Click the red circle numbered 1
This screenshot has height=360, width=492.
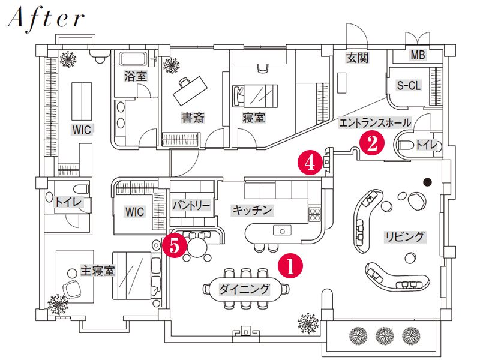click(x=290, y=266)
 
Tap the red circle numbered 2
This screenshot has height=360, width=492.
click(x=372, y=145)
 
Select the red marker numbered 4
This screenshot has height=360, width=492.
click(x=310, y=163)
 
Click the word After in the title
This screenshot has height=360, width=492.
click(x=46, y=19)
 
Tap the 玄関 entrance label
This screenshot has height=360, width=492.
click(x=357, y=58)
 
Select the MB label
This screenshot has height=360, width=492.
click(x=418, y=55)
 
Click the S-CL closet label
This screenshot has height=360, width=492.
click(x=409, y=85)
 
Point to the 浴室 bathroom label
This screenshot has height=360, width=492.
click(x=136, y=76)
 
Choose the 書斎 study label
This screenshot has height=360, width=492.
click(x=193, y=118)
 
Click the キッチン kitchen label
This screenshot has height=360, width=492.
click(x=252, y=210)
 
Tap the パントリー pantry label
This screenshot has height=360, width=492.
click(x=191, y=206)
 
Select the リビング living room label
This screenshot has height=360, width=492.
click(x=405, y=236)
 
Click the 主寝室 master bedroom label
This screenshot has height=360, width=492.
click(x=97, y=271)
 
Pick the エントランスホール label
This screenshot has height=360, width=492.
click(x=375, y=123)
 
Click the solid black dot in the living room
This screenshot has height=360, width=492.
click(x=427, y=182)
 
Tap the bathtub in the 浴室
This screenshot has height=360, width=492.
click(x=134, y=59)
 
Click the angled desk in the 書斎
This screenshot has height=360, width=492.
click(x=190, y=91)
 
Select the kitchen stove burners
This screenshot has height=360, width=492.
click(x=315, y=214)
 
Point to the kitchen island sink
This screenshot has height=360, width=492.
click(x=282, y=230)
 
